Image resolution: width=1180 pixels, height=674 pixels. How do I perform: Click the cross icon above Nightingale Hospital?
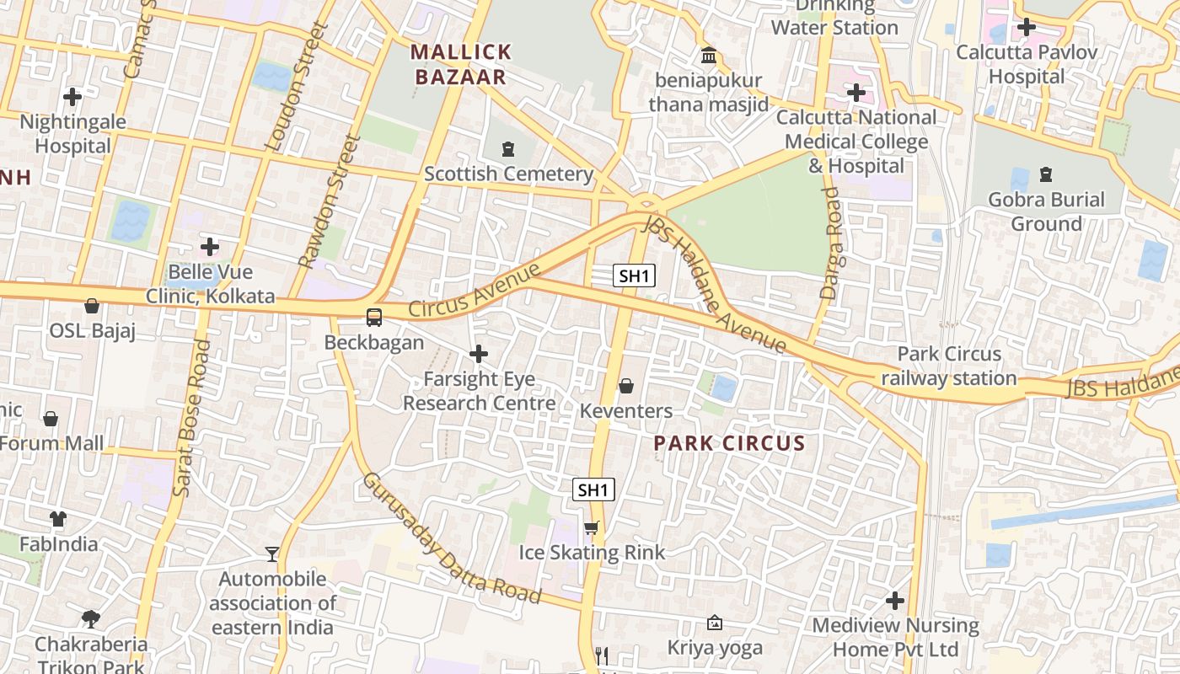pyautogui.click(x=72, y=97)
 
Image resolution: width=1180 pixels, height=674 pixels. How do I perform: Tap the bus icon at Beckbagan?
pyautogui.click(x=373, y=318)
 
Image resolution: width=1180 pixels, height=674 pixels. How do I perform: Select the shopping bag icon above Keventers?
pyautogui.click(x=626, y=386)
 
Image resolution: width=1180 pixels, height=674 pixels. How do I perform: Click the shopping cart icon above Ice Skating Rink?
pyautogui.click(x=592, y=528)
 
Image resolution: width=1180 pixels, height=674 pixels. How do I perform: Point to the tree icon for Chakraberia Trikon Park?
pyautogui.click(x=91, y=619)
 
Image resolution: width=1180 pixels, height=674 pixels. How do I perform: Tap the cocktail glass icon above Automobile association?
pyautogui.click(x=271, y=554)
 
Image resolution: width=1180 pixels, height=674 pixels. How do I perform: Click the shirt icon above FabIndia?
pyautogui.click(x=58, y=518)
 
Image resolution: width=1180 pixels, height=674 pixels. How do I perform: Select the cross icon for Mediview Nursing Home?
pyautogui.click(x=895, y=601)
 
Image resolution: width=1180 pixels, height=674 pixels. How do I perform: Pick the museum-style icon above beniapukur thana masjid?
pyautogui.click(x=709, y=56)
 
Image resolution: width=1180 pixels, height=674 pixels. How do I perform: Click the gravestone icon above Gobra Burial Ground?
pyautogui.click(x=1046, y=174)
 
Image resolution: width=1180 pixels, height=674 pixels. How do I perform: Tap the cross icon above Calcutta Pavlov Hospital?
pyautogui.click(x=1026, y=27)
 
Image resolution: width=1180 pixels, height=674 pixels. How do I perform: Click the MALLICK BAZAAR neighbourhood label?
pyautogui.click(x=461, y=64)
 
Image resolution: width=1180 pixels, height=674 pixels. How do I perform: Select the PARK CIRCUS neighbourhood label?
pyautogui.click(x=730, y=443)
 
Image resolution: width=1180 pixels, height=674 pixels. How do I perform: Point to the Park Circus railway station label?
pyautogui.click(x=949, y=366)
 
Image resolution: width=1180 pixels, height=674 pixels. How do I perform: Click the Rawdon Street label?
pyautogui.click(x=329, y=202)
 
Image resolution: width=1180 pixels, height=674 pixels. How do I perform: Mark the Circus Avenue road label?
pyautogui.click(x=474, y=291)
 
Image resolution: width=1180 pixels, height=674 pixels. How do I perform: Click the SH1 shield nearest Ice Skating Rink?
pyautogui.click(x=593, y=489)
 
